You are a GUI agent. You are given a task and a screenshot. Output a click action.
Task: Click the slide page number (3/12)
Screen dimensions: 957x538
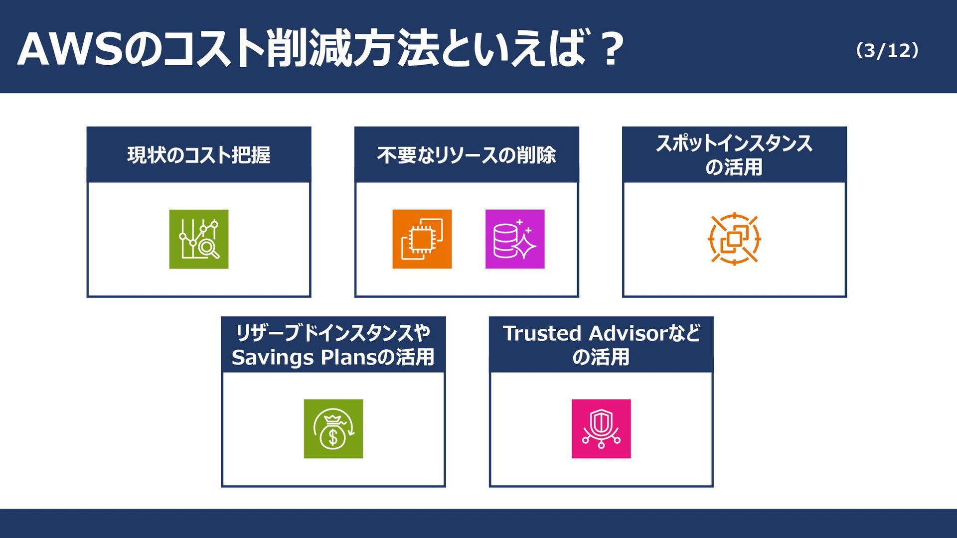tap(887, 50)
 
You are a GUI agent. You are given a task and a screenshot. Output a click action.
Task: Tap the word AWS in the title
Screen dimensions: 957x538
tap(70, 49)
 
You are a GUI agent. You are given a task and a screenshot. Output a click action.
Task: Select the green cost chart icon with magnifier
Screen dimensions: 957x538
tap(199, 239)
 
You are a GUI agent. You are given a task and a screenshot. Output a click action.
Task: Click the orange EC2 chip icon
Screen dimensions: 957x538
tap(422, 239)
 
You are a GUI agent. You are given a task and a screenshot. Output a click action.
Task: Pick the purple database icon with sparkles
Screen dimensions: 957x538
tap(515, 239)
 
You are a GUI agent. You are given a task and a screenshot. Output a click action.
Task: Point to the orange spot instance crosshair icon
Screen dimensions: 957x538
tap(734, 239)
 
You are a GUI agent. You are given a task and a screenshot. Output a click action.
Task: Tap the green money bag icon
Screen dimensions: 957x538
tap(333, 429)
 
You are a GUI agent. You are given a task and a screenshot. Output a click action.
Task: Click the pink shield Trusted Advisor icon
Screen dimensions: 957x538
tap(601, 429)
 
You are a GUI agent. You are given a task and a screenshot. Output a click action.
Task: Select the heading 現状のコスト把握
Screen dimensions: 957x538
tap(199, 155)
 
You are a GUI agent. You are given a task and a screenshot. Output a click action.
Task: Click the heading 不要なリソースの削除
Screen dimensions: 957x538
tap(467, 155)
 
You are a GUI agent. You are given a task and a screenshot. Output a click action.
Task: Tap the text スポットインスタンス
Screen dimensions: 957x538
tap(734, 143)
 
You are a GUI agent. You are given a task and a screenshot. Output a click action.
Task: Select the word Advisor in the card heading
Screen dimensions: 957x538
tap(628, 333)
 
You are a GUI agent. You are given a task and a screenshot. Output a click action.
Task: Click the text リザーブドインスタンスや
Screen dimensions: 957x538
tap(333, 333)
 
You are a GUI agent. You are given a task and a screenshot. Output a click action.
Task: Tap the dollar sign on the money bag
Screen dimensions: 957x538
tap(333, 437)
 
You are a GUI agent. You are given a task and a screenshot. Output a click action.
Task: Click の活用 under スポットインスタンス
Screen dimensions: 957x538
tap(734, 167)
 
